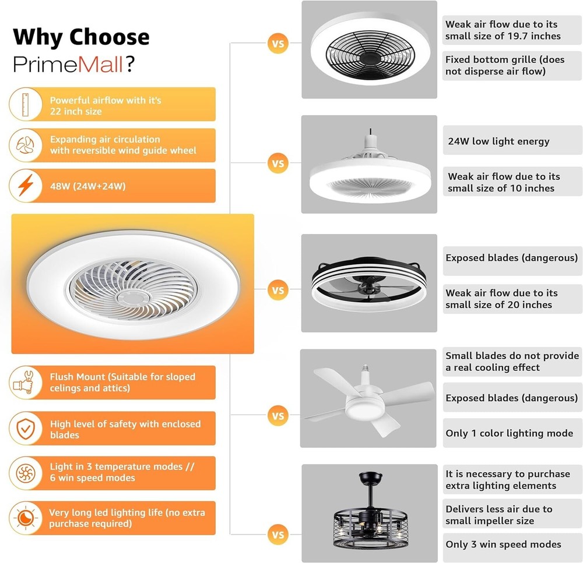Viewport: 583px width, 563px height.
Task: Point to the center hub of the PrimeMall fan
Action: (x=132, y=297)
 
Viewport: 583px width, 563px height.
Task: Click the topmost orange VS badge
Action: (x=278, y=44)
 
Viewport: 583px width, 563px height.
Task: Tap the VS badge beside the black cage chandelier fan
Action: (x=278, y=534)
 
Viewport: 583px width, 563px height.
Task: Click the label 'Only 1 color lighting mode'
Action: (x=509, y=433)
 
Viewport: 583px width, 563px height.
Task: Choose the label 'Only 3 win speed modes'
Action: (x=503, y=544)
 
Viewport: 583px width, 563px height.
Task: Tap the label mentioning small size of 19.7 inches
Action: (x=503, y=30)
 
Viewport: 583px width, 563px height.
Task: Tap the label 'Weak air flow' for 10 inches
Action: (x=503, y=182)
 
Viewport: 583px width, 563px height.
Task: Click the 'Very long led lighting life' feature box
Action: (x=127, y=518)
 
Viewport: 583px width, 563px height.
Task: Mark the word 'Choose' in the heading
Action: (x=110, y=37)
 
